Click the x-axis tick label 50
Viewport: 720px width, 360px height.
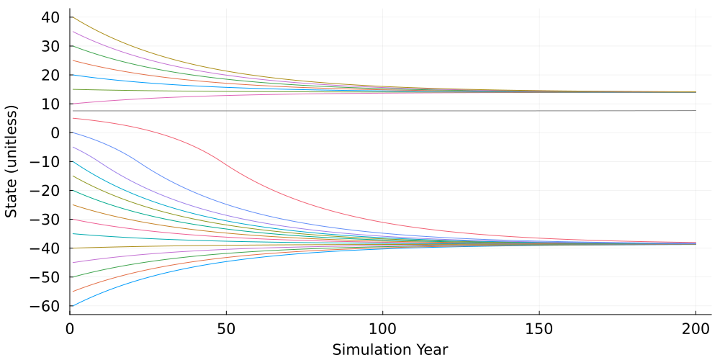[x=226, y=328]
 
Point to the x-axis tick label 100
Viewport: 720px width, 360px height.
[x=382, y=328]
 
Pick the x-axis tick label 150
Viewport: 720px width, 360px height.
[x=539, y=328]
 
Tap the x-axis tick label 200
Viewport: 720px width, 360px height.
[x=696, y=328]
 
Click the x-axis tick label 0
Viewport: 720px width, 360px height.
[x=70, y=328]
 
